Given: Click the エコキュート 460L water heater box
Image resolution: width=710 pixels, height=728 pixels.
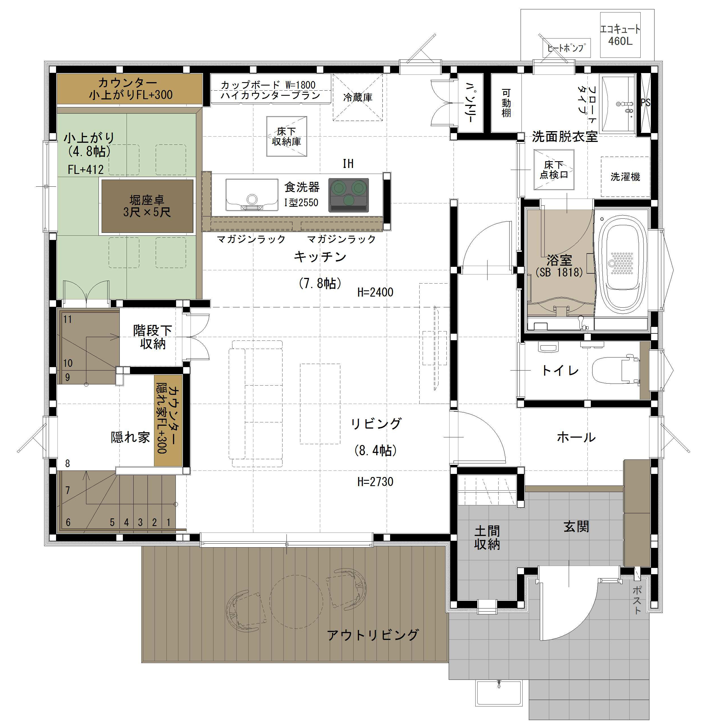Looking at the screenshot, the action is (x=620, y=35).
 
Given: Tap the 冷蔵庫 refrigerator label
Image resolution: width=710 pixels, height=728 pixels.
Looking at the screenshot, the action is (x=358, y=97).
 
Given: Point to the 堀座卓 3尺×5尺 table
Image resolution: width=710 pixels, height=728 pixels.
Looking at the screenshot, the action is (x=147, y=206).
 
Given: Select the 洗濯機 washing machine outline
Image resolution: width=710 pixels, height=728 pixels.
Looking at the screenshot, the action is (x=625, y=177).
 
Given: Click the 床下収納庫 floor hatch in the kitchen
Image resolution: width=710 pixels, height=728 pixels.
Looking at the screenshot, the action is (x=286, y=136).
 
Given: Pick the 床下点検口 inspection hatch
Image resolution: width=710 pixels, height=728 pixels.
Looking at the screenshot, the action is (x=554, y=170).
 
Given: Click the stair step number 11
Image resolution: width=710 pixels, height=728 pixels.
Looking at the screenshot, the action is (x=67, y=320).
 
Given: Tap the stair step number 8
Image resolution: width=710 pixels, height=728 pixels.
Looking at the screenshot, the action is (x=67, y=463).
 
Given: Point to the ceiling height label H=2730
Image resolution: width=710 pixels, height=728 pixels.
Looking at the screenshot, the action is (x=375, y=482).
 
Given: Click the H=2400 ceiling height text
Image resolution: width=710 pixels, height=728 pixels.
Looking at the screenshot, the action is (x=375, y=292).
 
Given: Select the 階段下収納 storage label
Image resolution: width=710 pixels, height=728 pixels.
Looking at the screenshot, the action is (x=153, y=337).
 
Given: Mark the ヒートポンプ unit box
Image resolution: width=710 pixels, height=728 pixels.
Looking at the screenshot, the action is (x=566, y=48).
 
